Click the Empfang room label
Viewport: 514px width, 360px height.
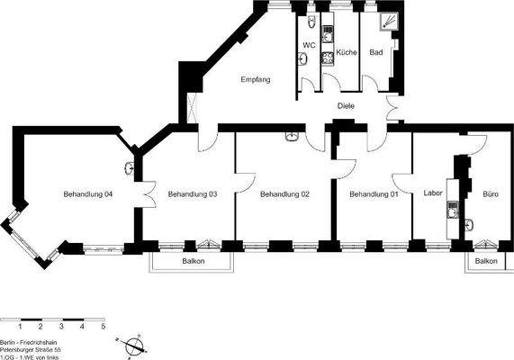256,81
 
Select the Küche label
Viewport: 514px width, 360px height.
347,53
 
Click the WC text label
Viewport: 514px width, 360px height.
309,45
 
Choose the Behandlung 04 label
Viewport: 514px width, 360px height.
88,194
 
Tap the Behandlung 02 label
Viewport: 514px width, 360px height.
284,194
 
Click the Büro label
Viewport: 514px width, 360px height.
491,194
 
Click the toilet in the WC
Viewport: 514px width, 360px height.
311,22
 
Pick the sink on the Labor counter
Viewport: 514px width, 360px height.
452,223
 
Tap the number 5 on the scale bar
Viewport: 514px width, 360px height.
103,328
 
